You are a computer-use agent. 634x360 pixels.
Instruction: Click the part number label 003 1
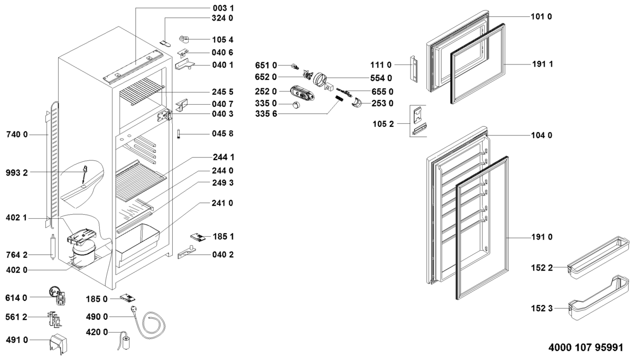click(223, 8)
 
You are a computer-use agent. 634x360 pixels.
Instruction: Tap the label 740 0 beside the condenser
click(17, 135)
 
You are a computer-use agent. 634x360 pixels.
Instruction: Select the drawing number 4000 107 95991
click(586, 347)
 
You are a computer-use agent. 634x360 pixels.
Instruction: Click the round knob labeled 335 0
click(296, 104)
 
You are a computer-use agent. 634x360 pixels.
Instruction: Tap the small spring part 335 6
click(339, 99)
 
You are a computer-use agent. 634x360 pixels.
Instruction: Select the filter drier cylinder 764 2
click(53, 246)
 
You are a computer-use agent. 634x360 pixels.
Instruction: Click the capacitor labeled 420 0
click(125, 341)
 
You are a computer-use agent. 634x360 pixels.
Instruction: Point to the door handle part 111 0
click(414, 69)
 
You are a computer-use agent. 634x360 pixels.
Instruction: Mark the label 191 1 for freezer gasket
click(542, 64)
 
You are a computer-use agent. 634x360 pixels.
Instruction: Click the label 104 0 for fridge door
click(542, 135)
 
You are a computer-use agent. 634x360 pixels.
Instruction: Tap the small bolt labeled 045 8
click(179, 134)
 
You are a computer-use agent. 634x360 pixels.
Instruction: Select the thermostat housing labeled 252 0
click(302, 93)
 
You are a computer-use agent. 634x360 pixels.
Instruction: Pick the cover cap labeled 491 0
click(59, 345)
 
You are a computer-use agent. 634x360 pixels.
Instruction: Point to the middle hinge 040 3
click(165, 115)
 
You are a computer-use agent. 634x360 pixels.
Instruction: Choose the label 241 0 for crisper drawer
click(222, 204)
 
